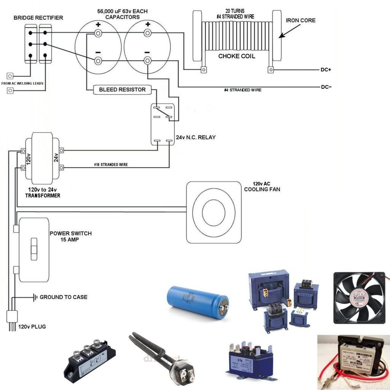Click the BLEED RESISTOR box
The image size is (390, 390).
click(122, 90)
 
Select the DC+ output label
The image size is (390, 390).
click(326, 70)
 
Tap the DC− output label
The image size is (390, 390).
click(326, 87)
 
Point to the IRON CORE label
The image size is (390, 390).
click(300, 20)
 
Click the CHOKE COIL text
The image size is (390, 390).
click(236, 56)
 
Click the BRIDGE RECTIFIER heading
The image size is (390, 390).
click(38, 18)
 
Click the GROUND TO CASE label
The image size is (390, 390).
click(63, 297)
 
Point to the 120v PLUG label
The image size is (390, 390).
click(32, 326)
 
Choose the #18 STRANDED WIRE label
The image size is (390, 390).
click(111, 165)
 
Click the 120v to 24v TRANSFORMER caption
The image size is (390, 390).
click(43, 192)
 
